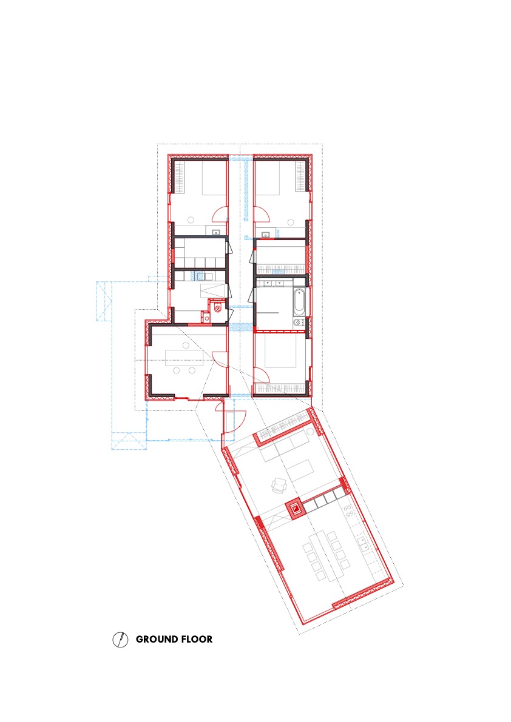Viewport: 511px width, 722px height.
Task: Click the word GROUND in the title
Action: (155, 639)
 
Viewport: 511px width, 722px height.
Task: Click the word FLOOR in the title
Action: (195, 639)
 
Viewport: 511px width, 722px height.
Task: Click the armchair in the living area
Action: (280, 484)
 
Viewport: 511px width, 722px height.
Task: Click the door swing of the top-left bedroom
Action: (220, 214)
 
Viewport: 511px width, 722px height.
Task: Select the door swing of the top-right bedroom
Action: (261, 214)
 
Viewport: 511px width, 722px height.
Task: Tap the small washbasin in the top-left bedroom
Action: (215, 233)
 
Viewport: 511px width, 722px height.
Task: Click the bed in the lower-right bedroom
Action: (280, 352)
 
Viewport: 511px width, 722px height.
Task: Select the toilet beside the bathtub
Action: (297, 323)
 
